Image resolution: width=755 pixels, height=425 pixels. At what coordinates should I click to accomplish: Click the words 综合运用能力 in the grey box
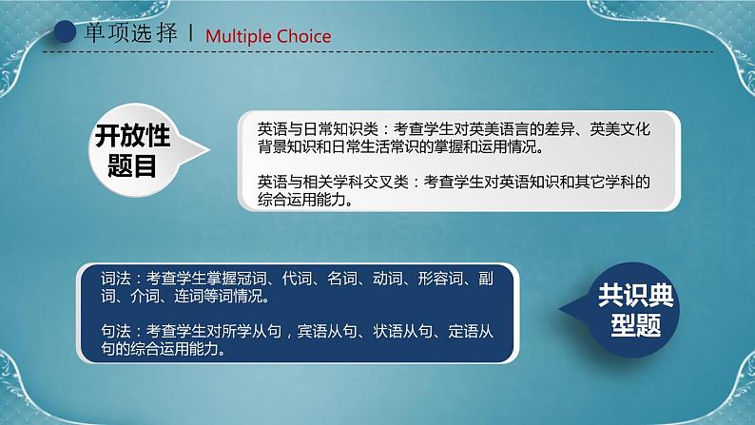click(300, 200)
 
